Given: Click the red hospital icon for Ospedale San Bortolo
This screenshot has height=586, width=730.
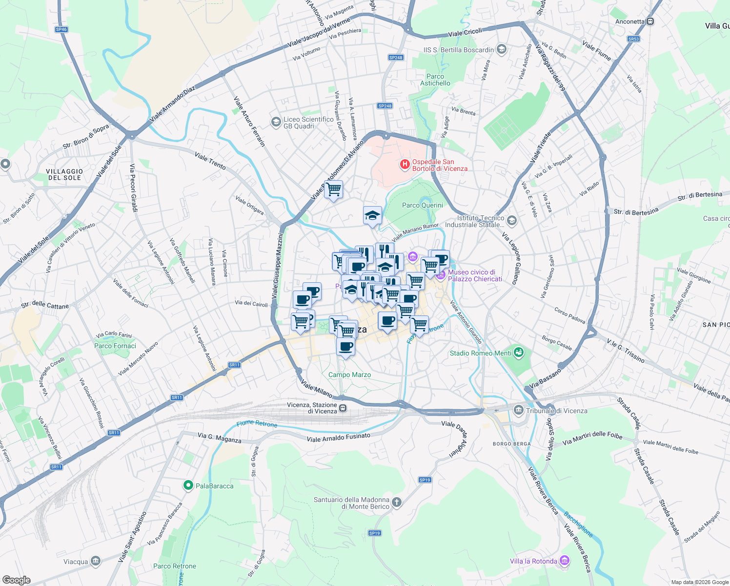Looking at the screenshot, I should pyautogui.click(x=405, y=165).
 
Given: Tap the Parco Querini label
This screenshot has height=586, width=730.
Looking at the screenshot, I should pyautogui.click(x=422, y=205).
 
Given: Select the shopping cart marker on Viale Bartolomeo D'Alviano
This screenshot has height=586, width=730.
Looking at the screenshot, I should pyautogui.click(x=334, y=189).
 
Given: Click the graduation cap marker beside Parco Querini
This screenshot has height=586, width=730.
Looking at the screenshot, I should pyautogui.click(x=372, y=215).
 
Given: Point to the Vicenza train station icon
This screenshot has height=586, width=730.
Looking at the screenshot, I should pyautogui.click(x=343, y=408).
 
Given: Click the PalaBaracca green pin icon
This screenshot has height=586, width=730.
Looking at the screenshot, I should pyautogui.click(x=188, y=485).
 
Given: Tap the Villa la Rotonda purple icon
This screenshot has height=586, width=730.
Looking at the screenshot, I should pyautogui.click(x=565, y=561).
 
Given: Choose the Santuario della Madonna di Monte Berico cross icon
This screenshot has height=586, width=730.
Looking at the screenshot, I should pyautogui.click(x=397, y=502).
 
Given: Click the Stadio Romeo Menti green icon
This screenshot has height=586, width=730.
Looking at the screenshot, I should pyautogui.click(x=518, y=352).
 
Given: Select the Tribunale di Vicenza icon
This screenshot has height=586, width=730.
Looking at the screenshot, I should pyautogui.click(x=518, y=410).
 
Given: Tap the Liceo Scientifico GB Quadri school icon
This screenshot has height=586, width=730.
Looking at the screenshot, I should pyautogui.click(x=276, y=122).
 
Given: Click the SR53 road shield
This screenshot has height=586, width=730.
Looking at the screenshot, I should pyautogui.click(x=633, y=39).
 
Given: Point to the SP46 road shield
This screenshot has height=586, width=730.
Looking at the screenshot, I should pyautogui.click(x=61, y=29).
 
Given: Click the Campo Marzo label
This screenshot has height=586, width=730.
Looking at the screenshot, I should pyautogui.click(x=349, y=375).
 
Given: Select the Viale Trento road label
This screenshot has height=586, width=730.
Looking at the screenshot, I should pyautogui.click(x=210, y=160).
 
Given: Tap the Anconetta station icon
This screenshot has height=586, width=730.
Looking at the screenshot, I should pyautogui.click(x=650, y=21).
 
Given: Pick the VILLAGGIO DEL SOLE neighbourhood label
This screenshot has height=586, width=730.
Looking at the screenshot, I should pyautogui.click(x=65, y=174).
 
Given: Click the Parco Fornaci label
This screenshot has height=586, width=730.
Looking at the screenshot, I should pyautogui.click(x=115, y=346).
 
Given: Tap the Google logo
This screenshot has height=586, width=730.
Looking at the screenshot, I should pyautogui.click(x=16, y=580).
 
